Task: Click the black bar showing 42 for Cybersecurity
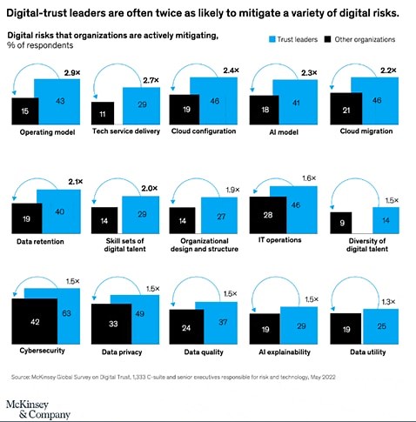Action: point(36,321)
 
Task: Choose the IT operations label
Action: point(282,239)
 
